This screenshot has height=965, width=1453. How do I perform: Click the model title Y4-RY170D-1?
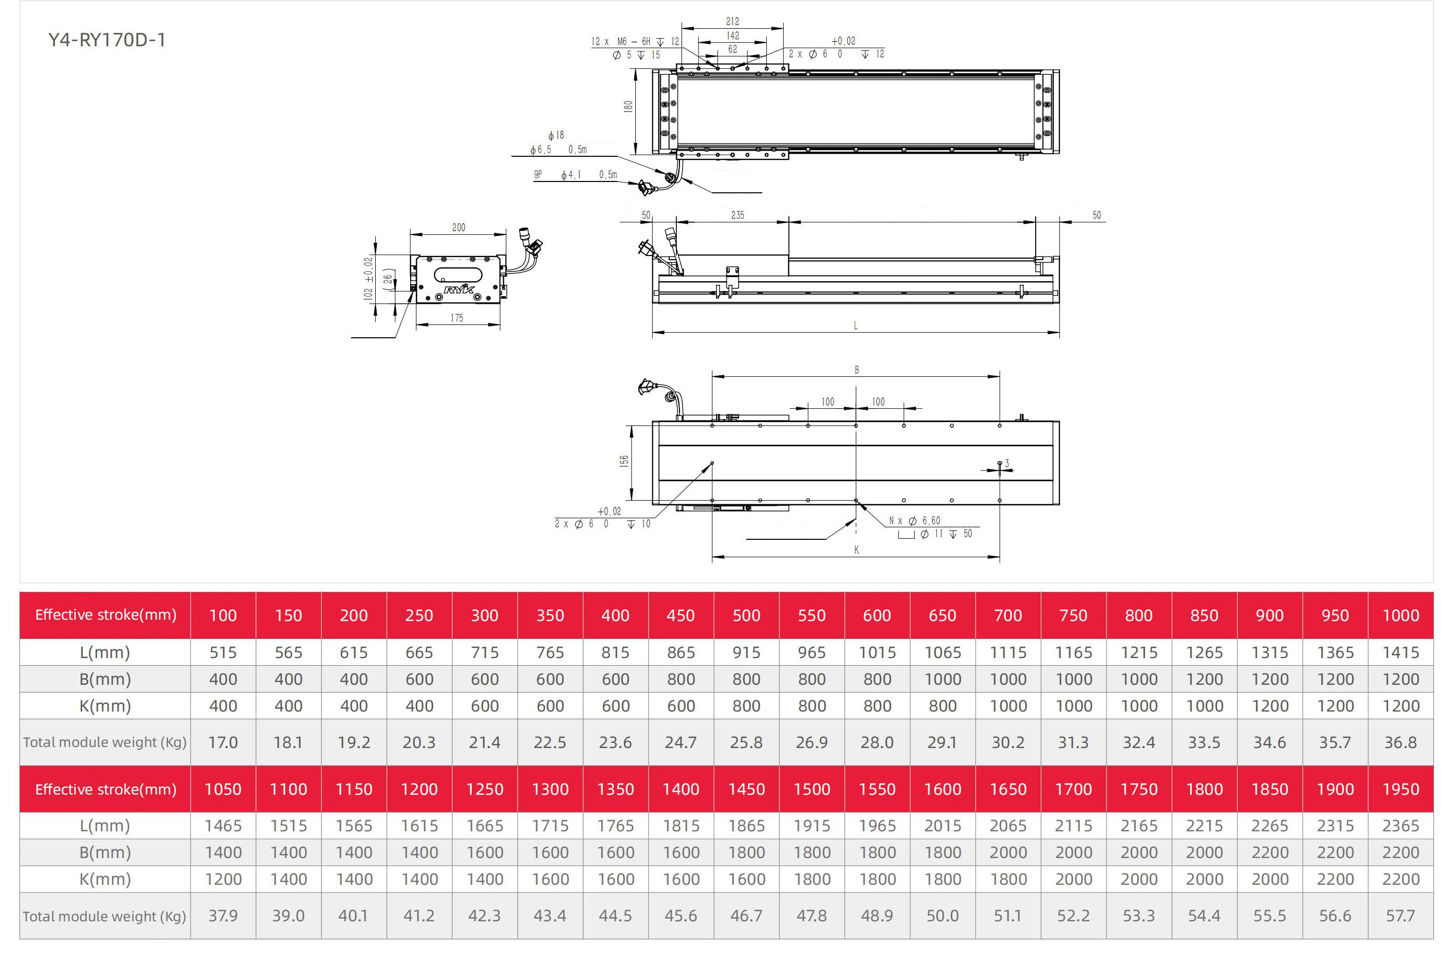(107, 40)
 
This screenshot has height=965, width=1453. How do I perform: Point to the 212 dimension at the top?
(732, 21)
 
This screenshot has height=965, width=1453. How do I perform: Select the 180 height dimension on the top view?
(628, 106)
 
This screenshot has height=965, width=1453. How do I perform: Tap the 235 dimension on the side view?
(738, 215)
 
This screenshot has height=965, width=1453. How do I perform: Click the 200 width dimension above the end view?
(459, 227)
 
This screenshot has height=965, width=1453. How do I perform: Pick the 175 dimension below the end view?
(457, 318)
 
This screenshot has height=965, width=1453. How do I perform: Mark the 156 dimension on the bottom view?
(624, 461)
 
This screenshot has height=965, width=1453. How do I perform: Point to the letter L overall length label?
(856, 325)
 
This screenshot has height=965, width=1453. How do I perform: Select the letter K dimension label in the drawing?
(856, 550)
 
